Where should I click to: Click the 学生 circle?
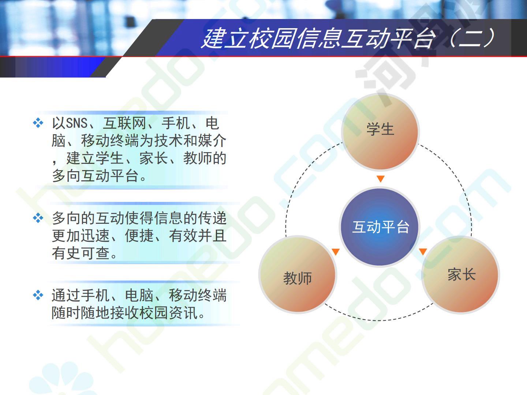tap(380, 132)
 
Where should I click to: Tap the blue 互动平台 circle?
tap(380, 227)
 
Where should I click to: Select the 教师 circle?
tap(298, 275)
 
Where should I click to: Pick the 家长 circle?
tap(460, 275)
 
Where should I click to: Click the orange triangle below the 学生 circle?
tap(381, 179)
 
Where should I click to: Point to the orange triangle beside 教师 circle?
tap(336, 252)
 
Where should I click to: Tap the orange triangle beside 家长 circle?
tap(423, 251)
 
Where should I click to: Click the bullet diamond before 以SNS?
tap(38, 123)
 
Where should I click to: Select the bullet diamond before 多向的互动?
tap(38, 218)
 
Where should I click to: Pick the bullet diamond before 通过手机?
tap(38, 295)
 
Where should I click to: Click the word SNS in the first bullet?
tap(76, 123)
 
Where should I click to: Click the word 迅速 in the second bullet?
tap(95, 236)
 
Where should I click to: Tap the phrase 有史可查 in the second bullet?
tap(81, 253)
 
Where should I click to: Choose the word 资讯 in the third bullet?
tap(184, 313)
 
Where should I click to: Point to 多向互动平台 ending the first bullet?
tap(95, 176)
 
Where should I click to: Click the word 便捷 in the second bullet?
tap(139, 236)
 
